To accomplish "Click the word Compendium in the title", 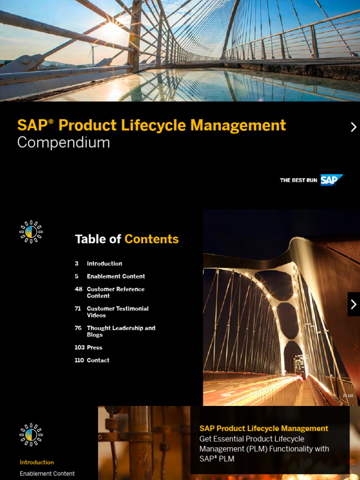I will tap(63, 142).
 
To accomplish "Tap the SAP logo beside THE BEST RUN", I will tap(331, 180).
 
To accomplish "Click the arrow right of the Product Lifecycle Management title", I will tap(353, 127).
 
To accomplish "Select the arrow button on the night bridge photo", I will tap(353, 304).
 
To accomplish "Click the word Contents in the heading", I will tap(151, 239).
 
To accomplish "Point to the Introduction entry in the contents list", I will tap(104, 263).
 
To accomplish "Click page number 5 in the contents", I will tap(76, 276).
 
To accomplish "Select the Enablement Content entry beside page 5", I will tap(116, 276).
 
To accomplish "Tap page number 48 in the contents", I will tap(78, 289).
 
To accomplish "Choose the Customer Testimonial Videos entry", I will tap(117, 312).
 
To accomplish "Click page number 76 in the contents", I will tap(78, 328).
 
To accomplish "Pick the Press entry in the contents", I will tap(94, 347).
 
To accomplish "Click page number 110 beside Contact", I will tap(79, 360).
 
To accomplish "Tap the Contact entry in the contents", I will tap(98, 360).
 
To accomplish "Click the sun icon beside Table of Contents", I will tap(31, 232).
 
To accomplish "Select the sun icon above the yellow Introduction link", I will tap(31, 435).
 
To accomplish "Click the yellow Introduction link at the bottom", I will tap(37, 462).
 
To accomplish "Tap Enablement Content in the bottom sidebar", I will tap(47, 473).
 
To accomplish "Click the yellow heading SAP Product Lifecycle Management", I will tap(263, 428).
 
